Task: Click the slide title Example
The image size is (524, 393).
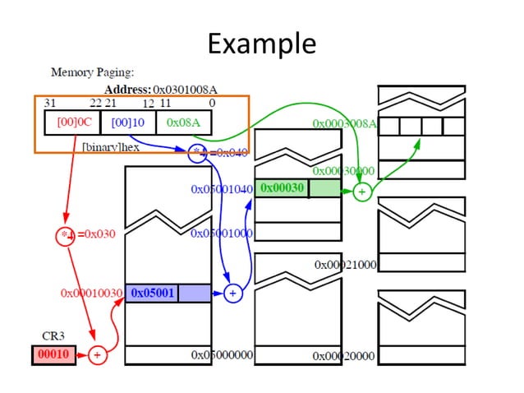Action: point(261,42)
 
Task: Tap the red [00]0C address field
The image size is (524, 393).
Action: point(72,122)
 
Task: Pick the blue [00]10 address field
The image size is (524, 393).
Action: point(127,122)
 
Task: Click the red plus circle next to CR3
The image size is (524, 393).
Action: point(97,355)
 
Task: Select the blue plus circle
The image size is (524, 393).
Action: point(232,292)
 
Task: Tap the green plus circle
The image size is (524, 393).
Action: point(361,192)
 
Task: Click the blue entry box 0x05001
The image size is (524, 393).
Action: point(152,292)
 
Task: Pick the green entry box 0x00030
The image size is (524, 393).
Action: point(283,188)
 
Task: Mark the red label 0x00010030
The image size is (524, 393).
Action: point(91,293)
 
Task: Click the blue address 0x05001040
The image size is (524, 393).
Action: point(222,189)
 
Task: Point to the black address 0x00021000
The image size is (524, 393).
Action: point(345,265)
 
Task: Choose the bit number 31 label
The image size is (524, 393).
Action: point(49,104)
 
